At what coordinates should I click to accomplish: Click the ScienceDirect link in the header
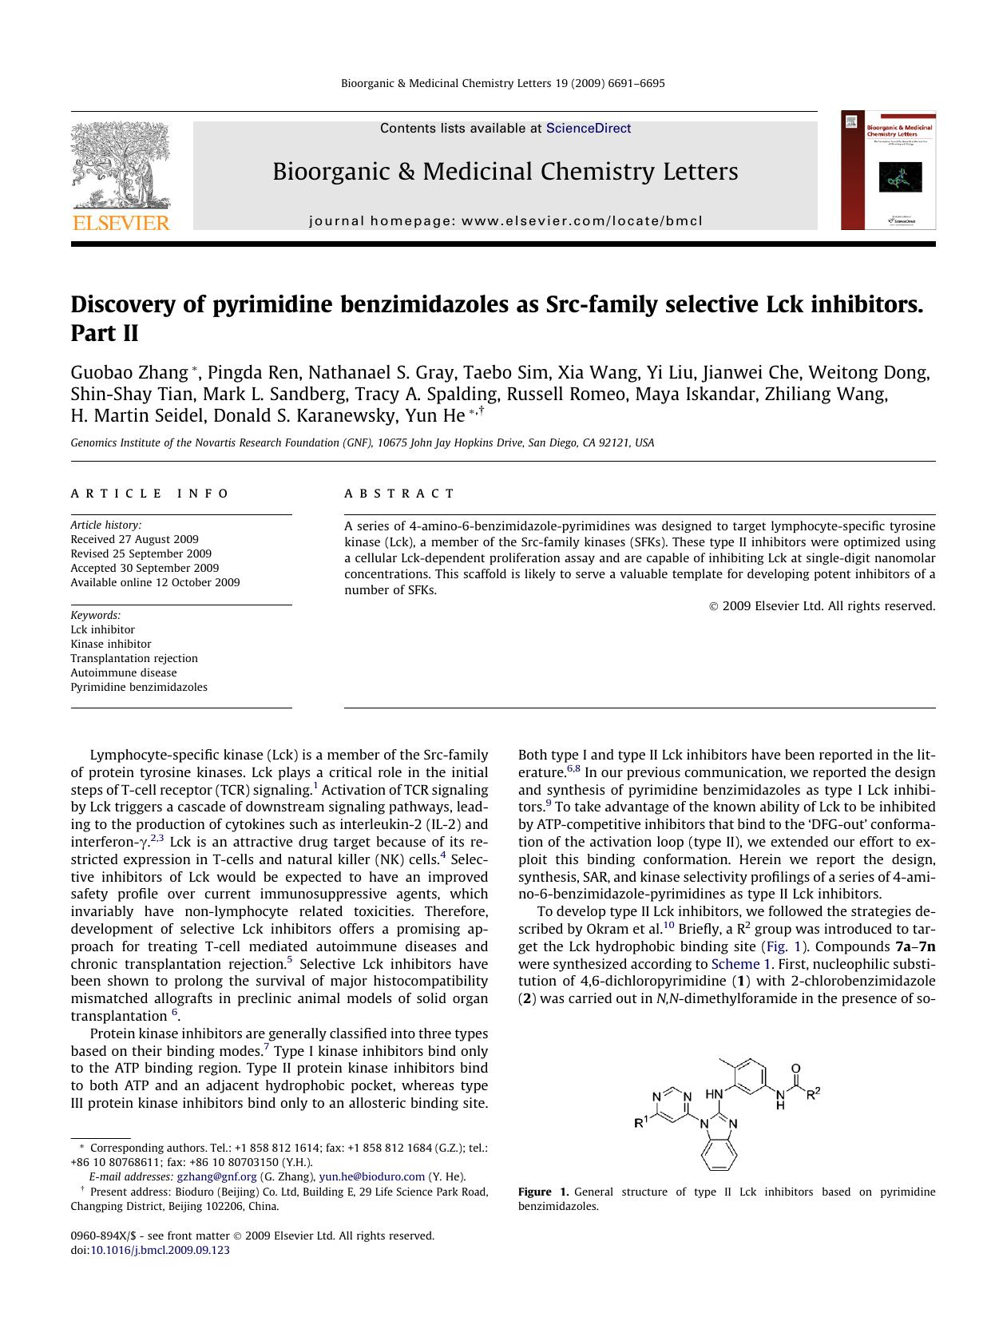point(589,128)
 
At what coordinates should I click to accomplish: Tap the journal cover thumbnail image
point(888,170)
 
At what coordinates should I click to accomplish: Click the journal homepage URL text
point(505,221)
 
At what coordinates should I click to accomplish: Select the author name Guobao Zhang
point(129,373)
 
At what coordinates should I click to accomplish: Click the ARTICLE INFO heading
point(149,494)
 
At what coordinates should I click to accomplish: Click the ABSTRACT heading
point(399,494)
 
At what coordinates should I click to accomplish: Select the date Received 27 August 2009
point(134,539)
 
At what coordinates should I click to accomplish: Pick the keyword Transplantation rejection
point(134,658)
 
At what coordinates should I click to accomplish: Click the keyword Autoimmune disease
point(124,672)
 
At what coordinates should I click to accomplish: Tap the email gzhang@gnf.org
point(216,1176)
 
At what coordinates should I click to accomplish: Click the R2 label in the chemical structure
point(813,1093)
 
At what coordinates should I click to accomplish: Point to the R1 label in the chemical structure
point(640,1123)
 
